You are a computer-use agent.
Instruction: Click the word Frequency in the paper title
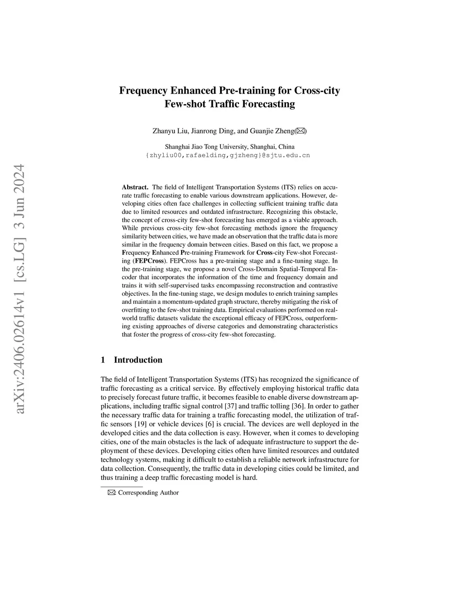pyautogui.click(x=143, y=91)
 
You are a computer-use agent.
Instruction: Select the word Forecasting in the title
pyautogui.click(x=267, y=104)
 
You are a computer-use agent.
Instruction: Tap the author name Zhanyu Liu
pyautogui.click(x=170, y=131)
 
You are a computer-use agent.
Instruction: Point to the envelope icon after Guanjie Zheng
pyautogui.click(x=300, y=131)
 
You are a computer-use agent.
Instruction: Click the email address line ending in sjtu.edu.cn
pyautogui.click(x=228, y=156)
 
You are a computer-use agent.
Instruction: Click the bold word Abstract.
pyautogui.click(x=135, y=187)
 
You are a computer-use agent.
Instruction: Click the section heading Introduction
pyautogui.click(x=138, y=360)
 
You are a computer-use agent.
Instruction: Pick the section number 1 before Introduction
pyautogui.click(x=104, y=360)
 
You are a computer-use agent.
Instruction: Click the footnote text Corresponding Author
pyautogui.click(x=148, y=492)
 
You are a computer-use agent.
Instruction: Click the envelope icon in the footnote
pyautogui.click(x=111, y=492)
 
